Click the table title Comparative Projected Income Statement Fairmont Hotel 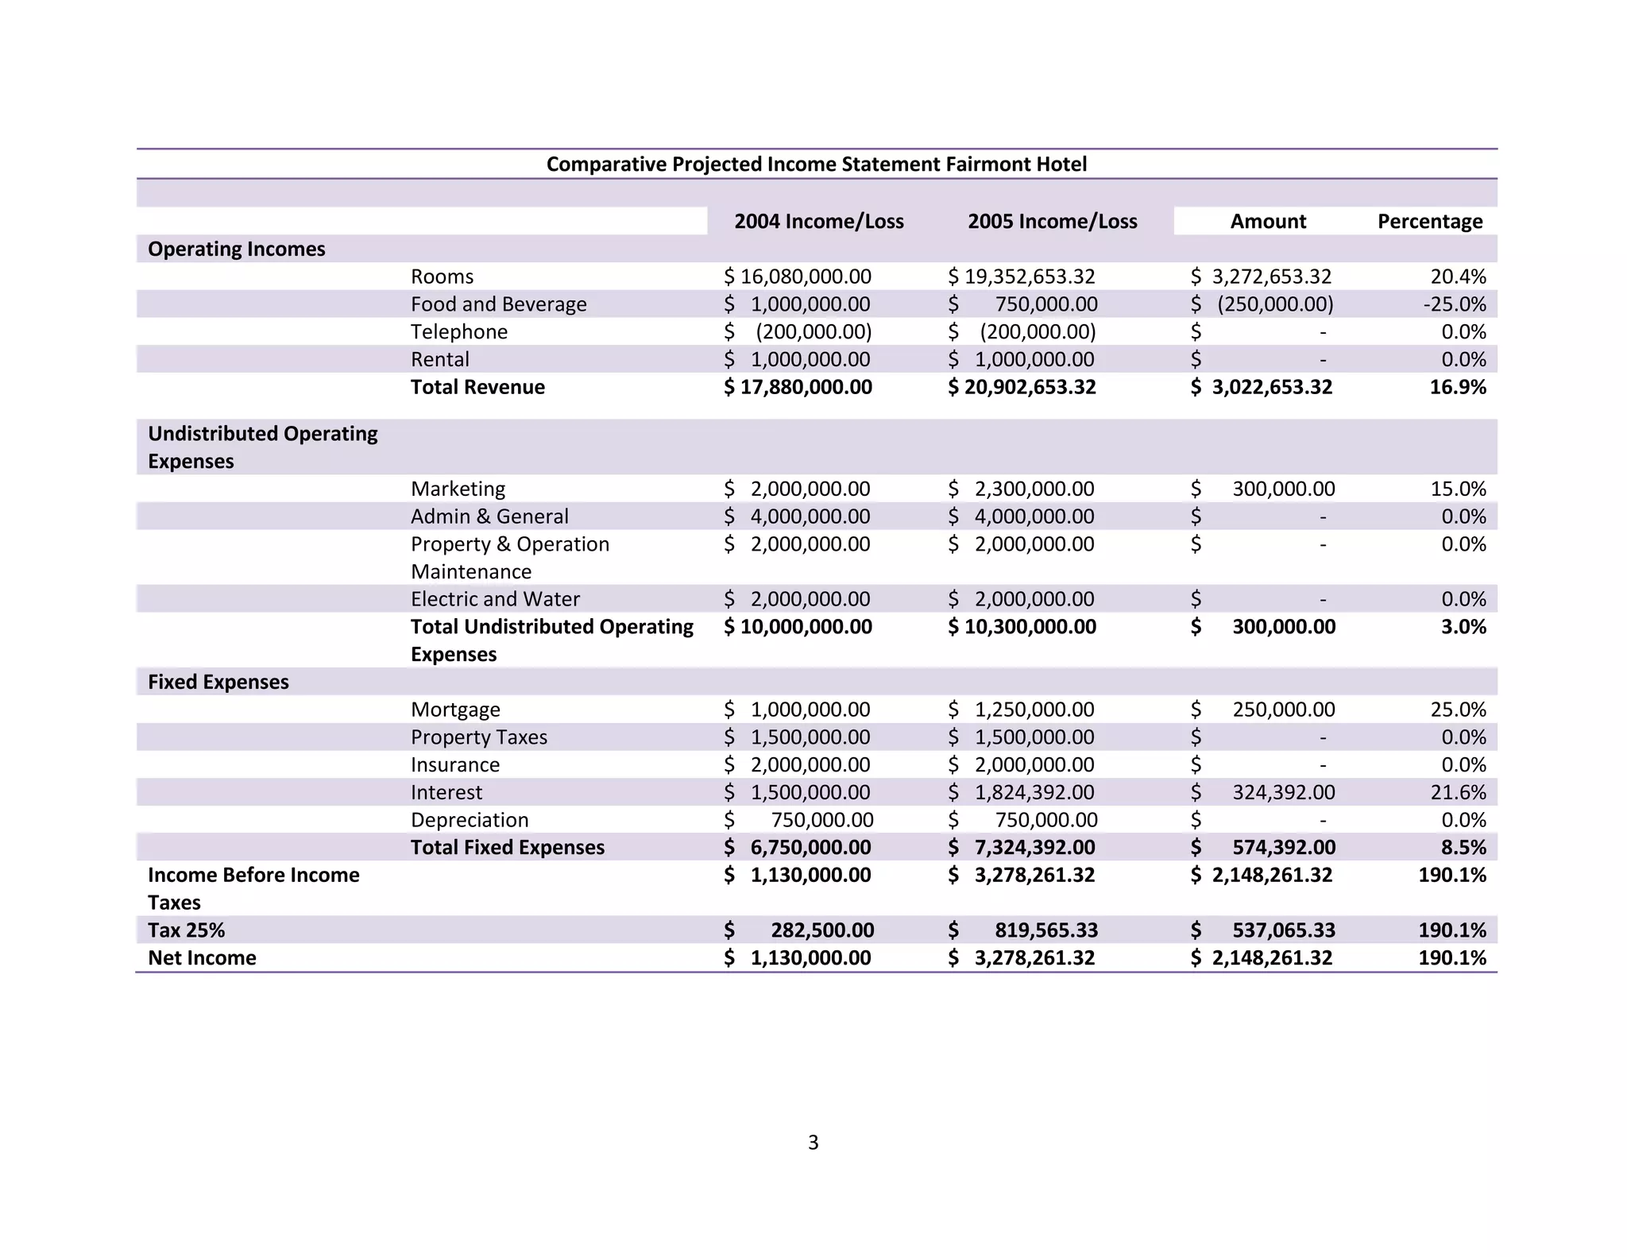816,164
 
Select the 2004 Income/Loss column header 818,222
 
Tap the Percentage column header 1429,222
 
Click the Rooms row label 442,277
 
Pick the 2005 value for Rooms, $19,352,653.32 1022,277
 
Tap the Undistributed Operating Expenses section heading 262,447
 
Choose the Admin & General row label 489,516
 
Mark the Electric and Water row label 495,599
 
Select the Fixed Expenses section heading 218,682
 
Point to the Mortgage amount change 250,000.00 1283,710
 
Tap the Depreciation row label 470,820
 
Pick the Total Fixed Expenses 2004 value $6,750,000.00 798,848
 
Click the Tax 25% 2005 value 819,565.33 1046,930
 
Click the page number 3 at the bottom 813,1143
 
